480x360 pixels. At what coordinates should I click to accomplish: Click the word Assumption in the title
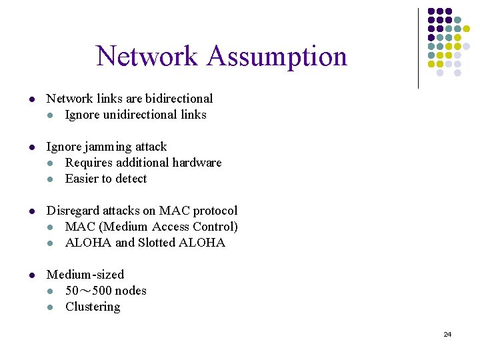[277, 57]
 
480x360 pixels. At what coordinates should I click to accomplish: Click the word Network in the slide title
[148, 57]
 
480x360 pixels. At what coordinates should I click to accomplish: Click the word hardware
[197, 163]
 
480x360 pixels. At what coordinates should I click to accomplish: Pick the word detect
[132, 179]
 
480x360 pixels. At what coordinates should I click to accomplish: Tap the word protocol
[215, 211]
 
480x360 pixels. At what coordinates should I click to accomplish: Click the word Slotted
[157, 243]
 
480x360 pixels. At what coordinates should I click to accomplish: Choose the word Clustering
[93, 307]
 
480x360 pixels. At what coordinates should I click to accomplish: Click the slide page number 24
[447, 334]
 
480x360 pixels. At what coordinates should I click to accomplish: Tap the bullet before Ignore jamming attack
[31, 147]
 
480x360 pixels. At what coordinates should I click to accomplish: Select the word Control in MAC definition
[215, 227]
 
